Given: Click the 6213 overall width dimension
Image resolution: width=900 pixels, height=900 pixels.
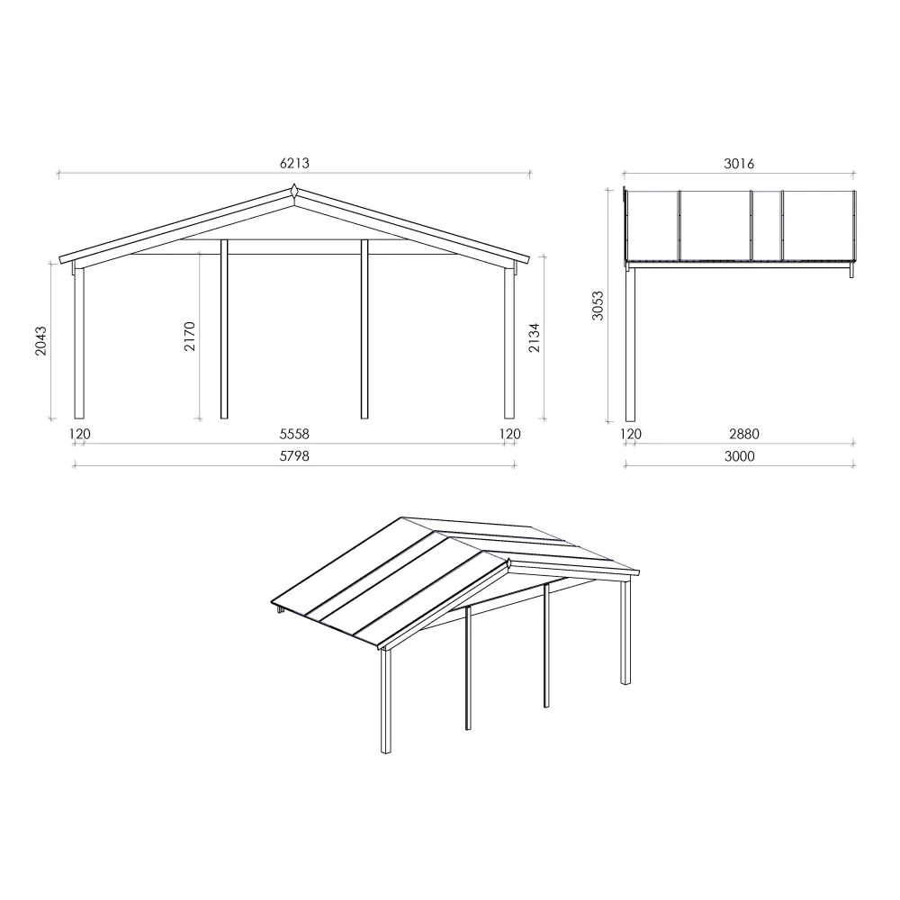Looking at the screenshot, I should click(294, 164).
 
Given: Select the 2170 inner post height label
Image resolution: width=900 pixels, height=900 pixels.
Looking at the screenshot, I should click(190, 336).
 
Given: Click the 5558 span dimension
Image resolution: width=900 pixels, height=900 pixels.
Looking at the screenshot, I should click(294, 434).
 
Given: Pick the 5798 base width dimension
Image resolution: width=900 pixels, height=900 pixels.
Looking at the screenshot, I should click(294, 456).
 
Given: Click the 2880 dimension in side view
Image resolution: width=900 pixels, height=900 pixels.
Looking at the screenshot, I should click(743, 434).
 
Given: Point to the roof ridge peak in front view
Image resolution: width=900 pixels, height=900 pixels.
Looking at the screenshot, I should click(294, 192).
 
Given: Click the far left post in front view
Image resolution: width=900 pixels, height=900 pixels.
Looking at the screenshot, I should click(79, 342).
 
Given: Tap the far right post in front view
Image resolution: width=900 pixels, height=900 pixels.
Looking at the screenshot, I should click(509, 342).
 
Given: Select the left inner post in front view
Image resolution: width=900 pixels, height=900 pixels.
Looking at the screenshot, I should click(224, 328).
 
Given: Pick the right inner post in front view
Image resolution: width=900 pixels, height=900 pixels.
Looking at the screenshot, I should click(364, 328).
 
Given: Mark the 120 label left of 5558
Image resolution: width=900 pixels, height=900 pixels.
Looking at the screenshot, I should click(80, 434).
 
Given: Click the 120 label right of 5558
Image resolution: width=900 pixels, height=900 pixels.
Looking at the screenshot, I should click(509, 434).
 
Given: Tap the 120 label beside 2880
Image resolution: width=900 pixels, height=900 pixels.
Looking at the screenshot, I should click(631, 434).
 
